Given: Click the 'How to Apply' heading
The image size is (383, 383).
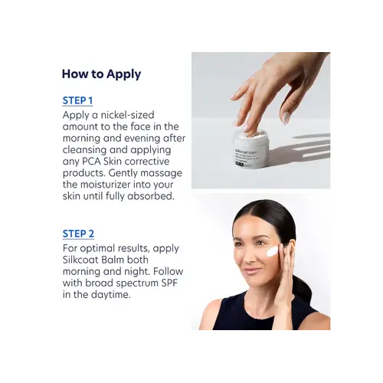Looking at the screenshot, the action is tap(101, 74).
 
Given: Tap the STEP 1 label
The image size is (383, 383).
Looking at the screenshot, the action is tap(77, 100).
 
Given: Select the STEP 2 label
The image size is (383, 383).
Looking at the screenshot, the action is tap(78, 234).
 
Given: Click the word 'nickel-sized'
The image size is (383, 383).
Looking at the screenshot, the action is tap(127, 115).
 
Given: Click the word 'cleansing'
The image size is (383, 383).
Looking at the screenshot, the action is tap(84, 150).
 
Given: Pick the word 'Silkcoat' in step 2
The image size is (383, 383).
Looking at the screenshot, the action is tap(80, 260).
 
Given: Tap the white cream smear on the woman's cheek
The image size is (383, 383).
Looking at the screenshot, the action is tap(273, 252).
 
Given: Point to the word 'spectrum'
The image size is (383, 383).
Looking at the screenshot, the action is tap(137, 283).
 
